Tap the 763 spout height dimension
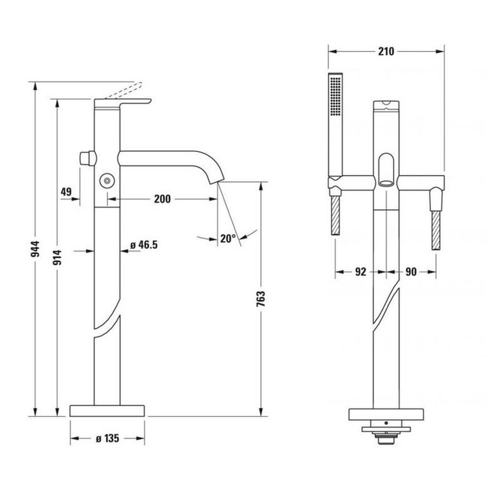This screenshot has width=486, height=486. [x=261, y=298]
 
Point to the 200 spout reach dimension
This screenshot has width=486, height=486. [x=162, y=199]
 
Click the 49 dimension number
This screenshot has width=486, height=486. [x=66, y=193]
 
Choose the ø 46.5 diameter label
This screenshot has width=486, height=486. [x=144, y=245]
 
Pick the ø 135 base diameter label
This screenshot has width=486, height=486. [x=107, y=439]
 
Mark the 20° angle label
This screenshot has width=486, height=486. [x=228, y=238]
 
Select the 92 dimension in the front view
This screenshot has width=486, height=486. [x=360, y=272]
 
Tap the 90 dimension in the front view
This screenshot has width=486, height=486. [x=411, y=272]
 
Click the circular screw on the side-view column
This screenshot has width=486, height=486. [x=106, y=180]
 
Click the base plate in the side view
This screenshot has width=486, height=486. [x=107, y=411]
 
